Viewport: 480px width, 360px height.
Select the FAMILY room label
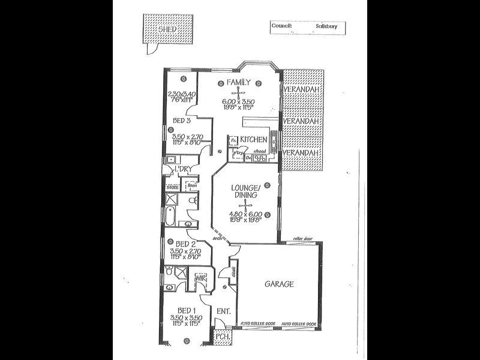point(238,82)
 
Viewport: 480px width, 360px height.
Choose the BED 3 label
point(182,121)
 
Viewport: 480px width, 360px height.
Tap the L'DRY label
point(182,169)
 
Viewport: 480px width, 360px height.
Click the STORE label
point(173,187)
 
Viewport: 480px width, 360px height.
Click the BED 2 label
point(182,244)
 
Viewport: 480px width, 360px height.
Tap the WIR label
point(199,278)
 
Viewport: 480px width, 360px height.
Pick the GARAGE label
point(280,284)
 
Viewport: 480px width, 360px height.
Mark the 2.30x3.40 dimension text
point(182,94)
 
